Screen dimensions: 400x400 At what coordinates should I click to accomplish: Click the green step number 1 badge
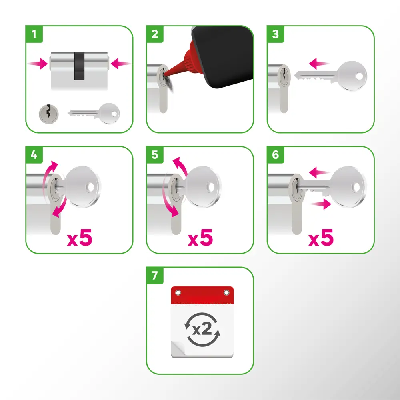point(34,34)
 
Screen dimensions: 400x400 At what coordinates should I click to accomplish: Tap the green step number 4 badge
point(34,154)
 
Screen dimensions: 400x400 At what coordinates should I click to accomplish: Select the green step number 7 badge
point(154,276)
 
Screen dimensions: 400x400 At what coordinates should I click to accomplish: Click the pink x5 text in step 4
point(80,238)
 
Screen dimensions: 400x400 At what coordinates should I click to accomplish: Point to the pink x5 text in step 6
point(321,238)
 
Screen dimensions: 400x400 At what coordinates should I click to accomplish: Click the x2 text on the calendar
point(202,329)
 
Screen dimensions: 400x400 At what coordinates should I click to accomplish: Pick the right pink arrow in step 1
point(121,63)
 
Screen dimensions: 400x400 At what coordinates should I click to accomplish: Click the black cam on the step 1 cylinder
point(79,66)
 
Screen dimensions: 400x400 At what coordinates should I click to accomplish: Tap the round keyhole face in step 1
point(48,114)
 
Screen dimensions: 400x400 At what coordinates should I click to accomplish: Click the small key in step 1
point(94,113)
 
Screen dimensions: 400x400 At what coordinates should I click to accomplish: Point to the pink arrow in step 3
point(319,63)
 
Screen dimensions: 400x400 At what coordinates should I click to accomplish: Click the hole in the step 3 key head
point(359,76)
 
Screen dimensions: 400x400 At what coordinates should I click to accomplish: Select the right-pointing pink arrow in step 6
point(321,204)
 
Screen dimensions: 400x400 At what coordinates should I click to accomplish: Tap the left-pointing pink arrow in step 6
point(319,172)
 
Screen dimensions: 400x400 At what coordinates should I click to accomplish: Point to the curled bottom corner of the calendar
point(178,348)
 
